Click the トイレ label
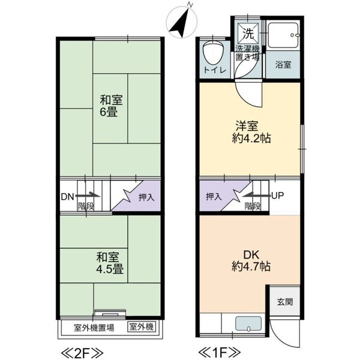point(214,70)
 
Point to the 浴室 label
point(283,64)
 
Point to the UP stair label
point(278,196)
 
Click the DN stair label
point(67,196)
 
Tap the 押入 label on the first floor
point(213,196)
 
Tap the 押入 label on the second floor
point(146,196)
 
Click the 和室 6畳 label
point(108,106)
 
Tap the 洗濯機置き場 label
point(247,52)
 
